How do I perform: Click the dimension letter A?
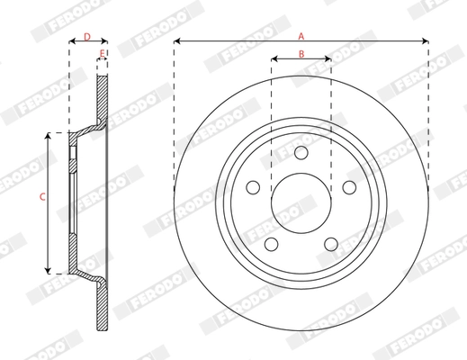pyautogui.click(x=301, y=34)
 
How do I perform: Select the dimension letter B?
pyautogui.click(x=301, y=55)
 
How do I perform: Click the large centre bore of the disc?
pyautogui.click(x=301, y=200)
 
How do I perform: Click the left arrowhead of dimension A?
pyautogui.click(x=177, y=41)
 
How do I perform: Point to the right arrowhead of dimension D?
pyautogui.click(x=105, y=41)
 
